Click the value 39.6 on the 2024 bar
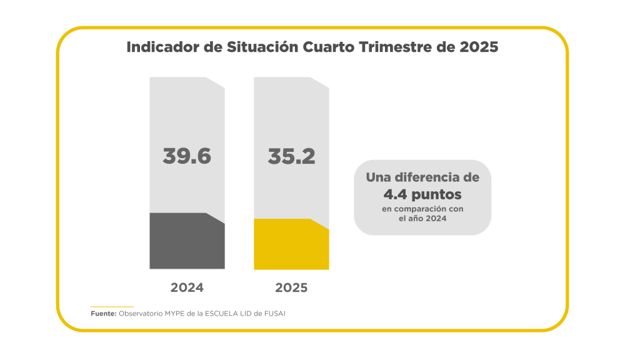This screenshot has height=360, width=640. [187, 156]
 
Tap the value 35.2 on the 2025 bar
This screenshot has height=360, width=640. [291, 156]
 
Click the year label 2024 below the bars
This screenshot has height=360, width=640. [187, 288]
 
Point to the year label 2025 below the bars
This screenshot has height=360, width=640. [291, 288]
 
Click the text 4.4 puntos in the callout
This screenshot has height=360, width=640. [422, 193]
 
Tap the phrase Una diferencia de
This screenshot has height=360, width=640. [422, 177]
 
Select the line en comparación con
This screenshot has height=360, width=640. [422, 208]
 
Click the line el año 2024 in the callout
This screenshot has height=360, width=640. [422, 219]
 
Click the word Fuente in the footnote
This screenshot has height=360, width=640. [103, 314]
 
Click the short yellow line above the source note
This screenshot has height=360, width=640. [112, 306]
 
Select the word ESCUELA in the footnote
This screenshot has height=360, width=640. [221, 314]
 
